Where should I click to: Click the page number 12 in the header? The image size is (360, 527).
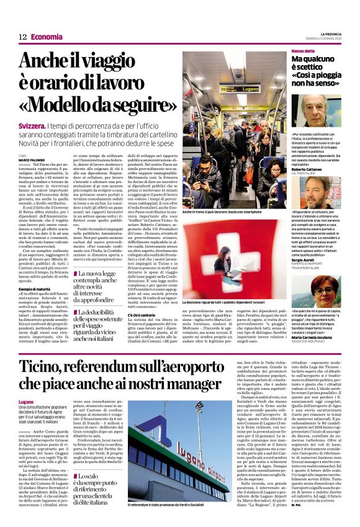(x=22, y=37)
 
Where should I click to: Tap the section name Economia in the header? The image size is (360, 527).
(x=47, y=37)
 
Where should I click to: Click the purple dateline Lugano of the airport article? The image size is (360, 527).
(x=27, y=402)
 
